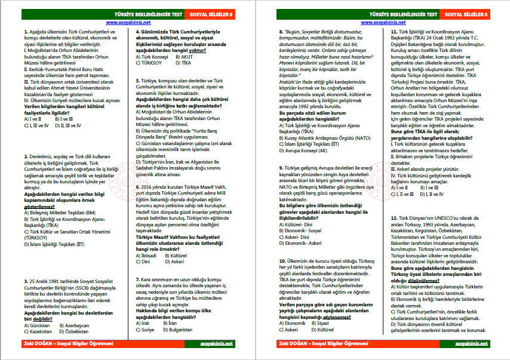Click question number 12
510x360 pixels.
click(394, 219)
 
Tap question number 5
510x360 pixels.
click(139, 80)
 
